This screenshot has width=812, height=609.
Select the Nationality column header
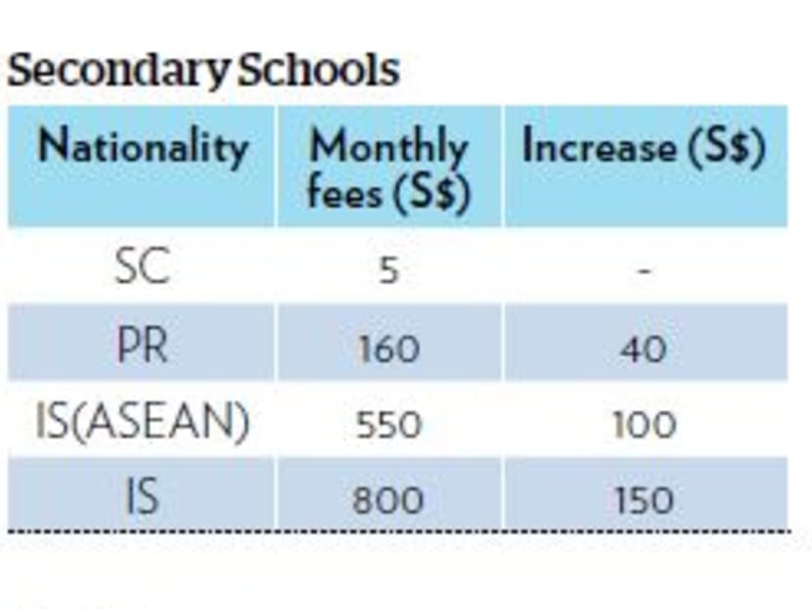point(142,149)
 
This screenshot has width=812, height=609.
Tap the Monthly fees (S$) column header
point(388,168)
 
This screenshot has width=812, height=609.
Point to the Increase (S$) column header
point(644,149)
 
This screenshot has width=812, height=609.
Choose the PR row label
point(142,346)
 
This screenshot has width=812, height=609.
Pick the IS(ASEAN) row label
point(142,423)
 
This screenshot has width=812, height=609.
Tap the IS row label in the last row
point(142,498)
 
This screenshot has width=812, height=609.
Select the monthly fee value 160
point(388,348)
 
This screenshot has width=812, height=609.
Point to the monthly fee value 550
point(388,425)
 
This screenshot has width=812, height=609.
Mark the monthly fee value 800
point(388,500)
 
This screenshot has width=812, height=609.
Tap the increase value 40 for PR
point(644,348)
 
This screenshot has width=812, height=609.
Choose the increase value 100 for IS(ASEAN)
point(644,425)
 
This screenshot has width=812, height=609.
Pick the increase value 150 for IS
point(644,500)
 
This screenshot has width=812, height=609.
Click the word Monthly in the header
point(388,149)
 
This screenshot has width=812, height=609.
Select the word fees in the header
point(345,191)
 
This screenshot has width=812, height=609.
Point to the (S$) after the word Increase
point(725,149)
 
